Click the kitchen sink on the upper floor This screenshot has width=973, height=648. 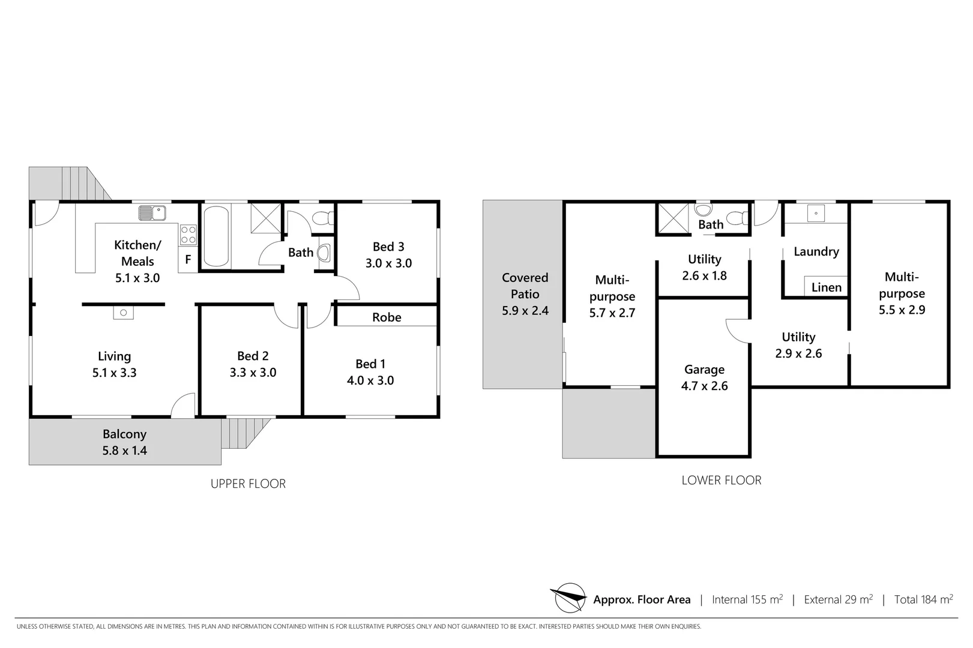[x=152, y=213]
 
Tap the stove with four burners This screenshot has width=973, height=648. [x=188, y=235]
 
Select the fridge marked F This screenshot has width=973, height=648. [x=188, y=260]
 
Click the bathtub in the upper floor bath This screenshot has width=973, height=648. [x=216, y=236]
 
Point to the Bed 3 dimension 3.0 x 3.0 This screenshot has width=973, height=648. [x=388, y=263]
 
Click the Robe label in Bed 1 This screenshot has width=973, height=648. [x=387, y=317]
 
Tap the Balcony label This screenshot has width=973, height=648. [x=124, y=434]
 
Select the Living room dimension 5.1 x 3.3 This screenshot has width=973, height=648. [x=114, y=373]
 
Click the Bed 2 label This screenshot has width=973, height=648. [x=253, y=356]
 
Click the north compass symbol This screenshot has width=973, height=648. [x=568, y=598]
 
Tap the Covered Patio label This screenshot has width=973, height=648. [x=525, y=286]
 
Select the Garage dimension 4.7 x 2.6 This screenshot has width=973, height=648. [x=704, y=386]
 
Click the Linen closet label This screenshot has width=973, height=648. [x=826, y=287]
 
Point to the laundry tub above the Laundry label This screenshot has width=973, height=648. [x=816, y=213]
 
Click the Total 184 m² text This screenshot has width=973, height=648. [x=923, y=599]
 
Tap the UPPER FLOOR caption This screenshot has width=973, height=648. [x=248, y=484]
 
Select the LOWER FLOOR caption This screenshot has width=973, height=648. [x=721, y=480]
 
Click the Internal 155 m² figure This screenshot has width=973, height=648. [x=747, y=599]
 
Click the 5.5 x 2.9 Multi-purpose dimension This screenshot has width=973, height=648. [x=902, y=310]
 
